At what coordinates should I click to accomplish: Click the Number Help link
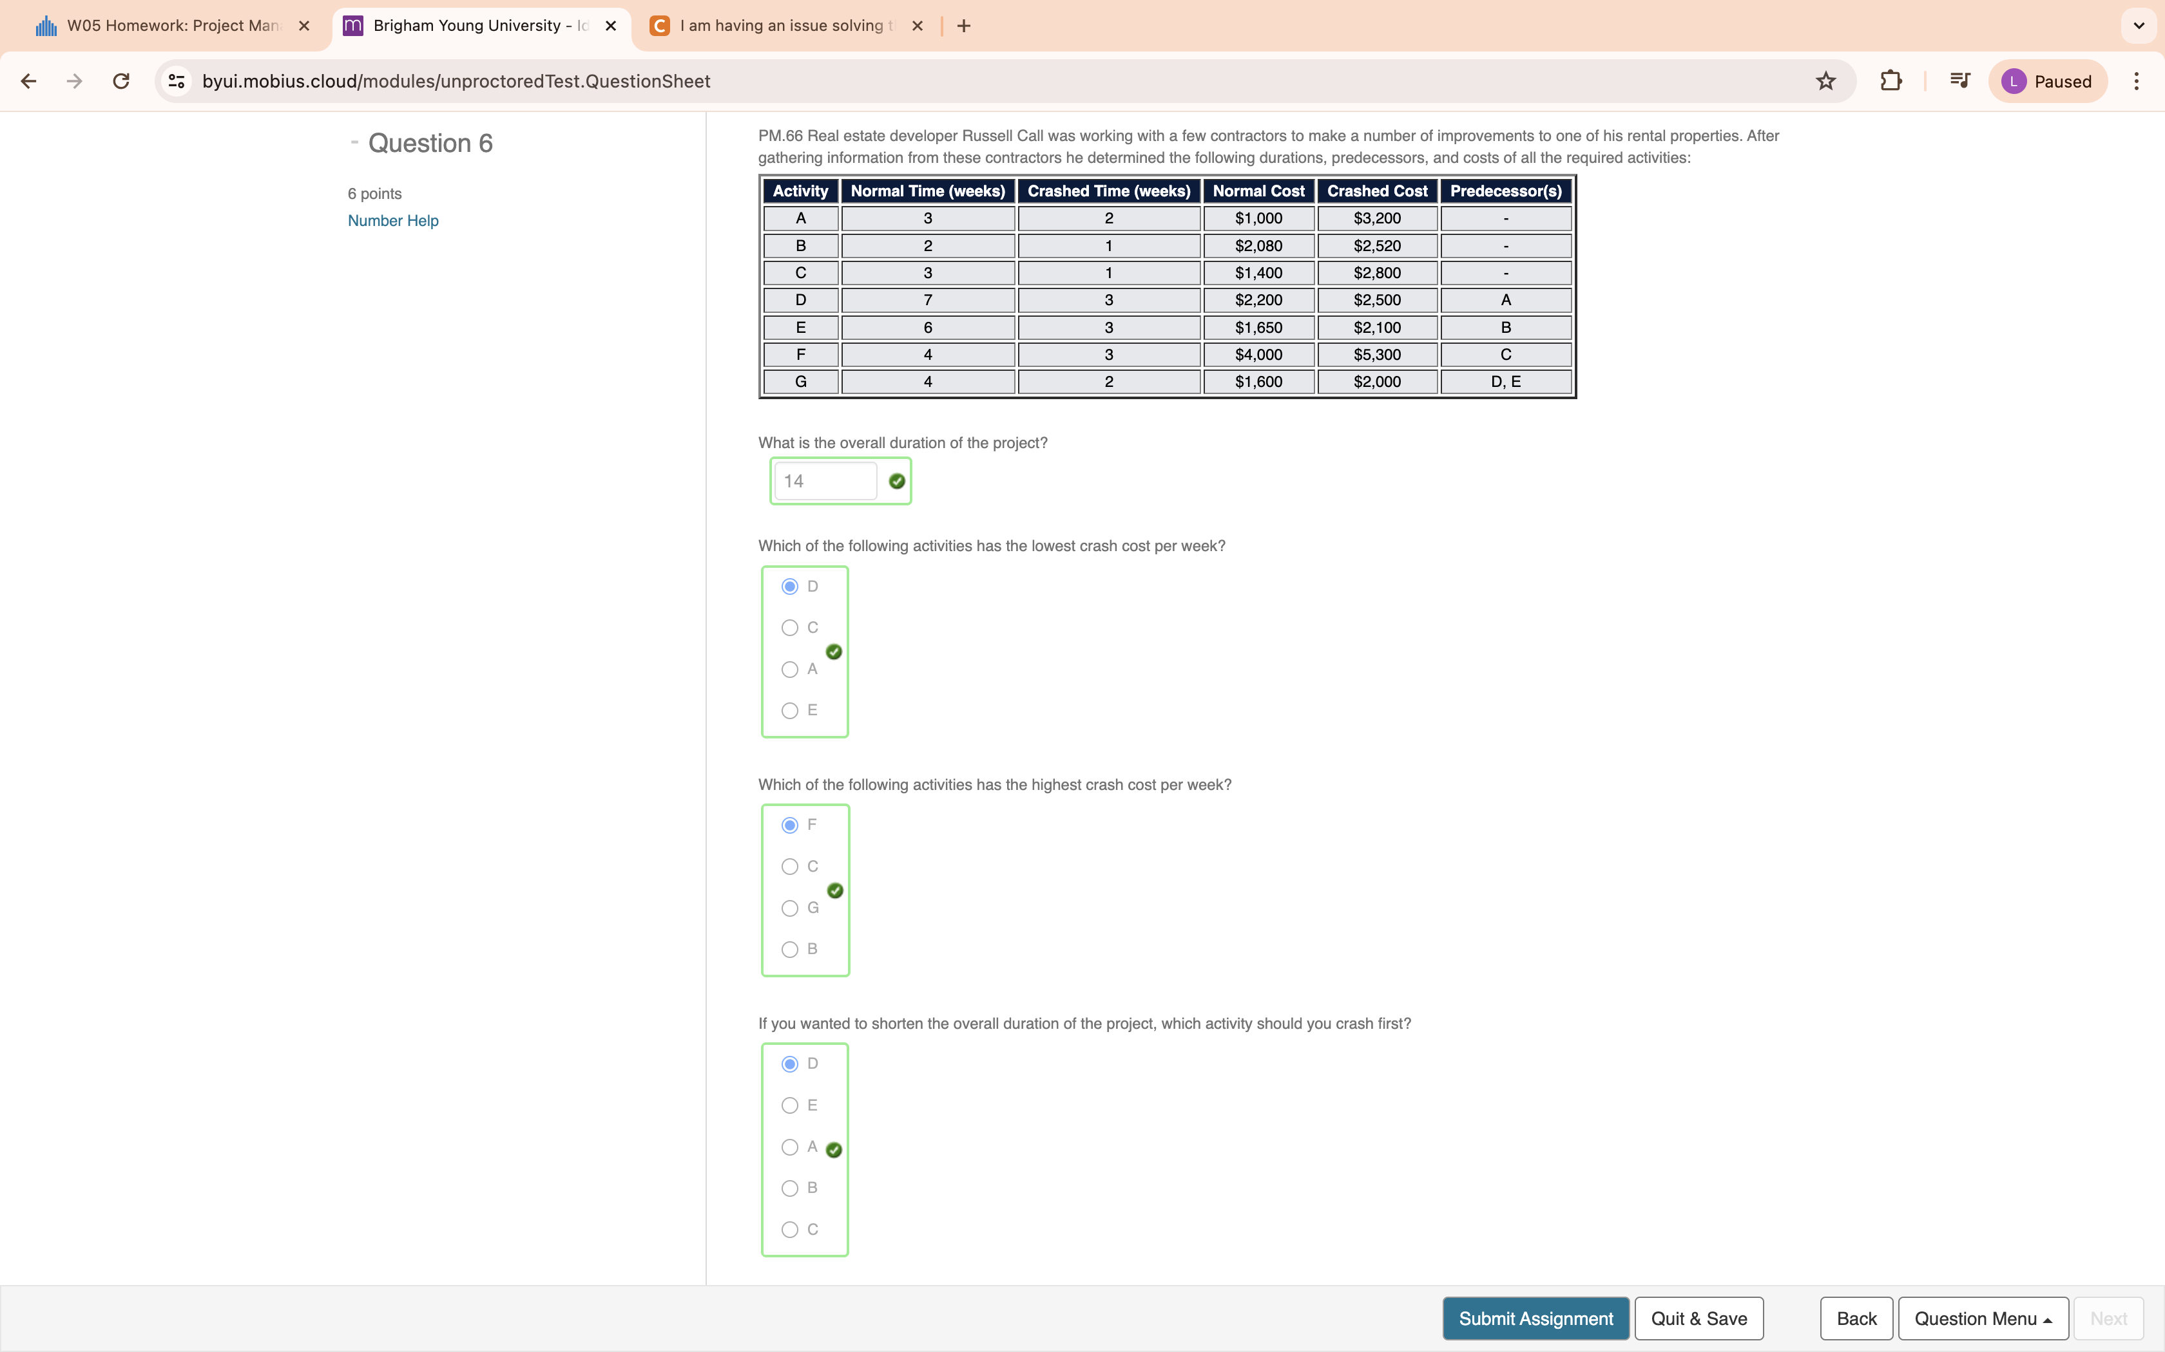(393, 220)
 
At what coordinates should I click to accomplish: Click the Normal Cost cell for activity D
(1258, 299)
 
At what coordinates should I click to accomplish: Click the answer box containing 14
(824, 481)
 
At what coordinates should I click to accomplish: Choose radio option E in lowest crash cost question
(789, 711)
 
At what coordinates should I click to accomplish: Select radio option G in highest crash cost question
(789, 908)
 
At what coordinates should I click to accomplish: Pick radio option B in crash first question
(789, 1188)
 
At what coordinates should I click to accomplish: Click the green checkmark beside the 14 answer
(896, 481)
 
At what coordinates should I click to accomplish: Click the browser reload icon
(120, 81)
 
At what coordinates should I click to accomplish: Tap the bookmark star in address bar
(1825, 81)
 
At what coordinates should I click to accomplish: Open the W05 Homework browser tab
(170, 26)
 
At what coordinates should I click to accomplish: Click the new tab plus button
(963, 26)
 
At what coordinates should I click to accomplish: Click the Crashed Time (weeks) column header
(1108, 191)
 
